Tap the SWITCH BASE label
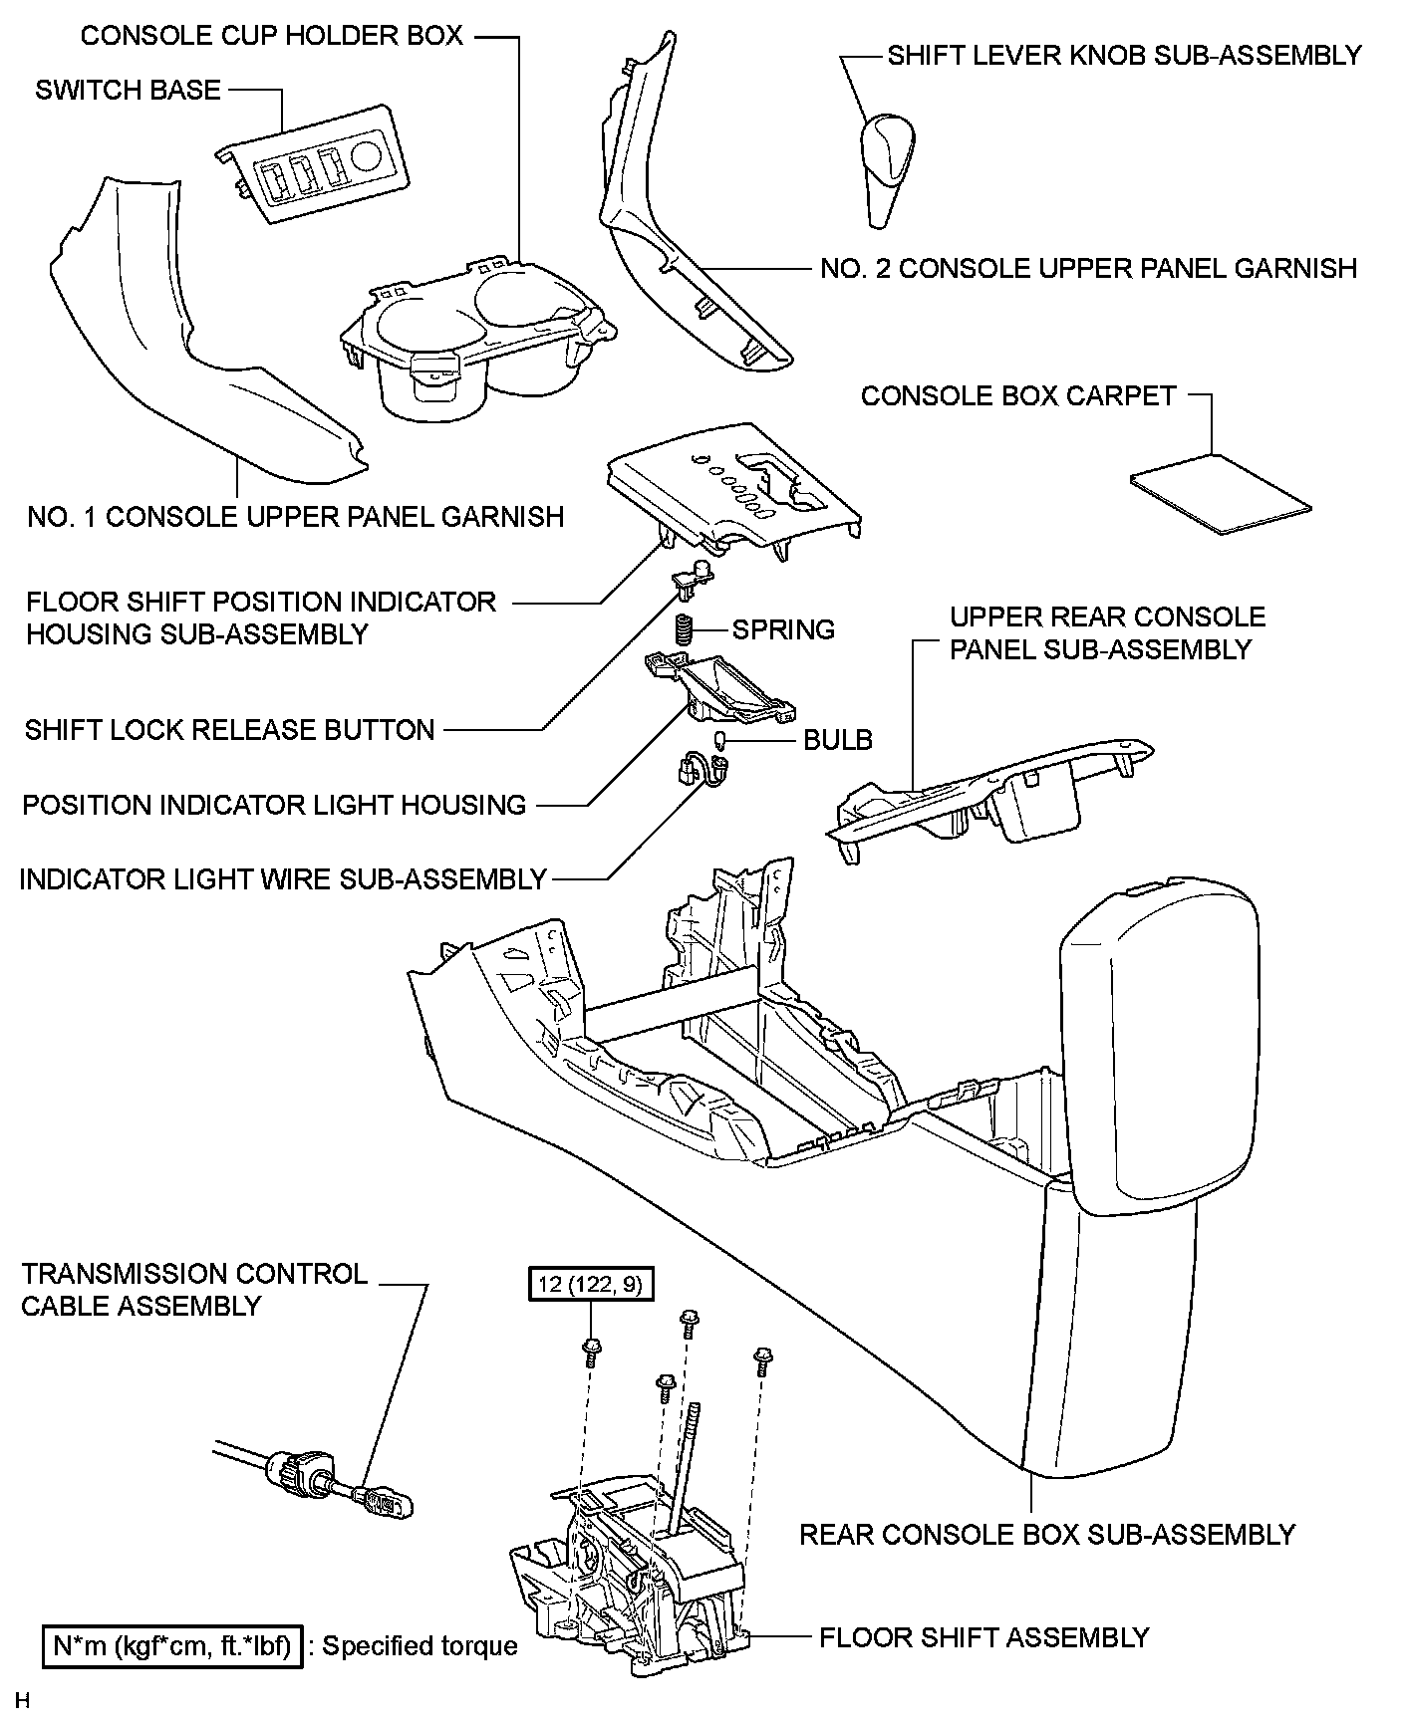(128, 91)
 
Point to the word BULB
(838, 740)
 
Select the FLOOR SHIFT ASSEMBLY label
(983, 1637)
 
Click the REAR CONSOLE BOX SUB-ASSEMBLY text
(1046, 1535)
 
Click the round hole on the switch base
(368, 154)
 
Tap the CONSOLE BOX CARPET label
(1018, 396)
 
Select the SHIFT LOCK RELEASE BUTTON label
(230, 730)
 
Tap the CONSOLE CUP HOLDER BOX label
(271, 36)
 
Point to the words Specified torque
(420, 1646)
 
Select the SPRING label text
(783, 630)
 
